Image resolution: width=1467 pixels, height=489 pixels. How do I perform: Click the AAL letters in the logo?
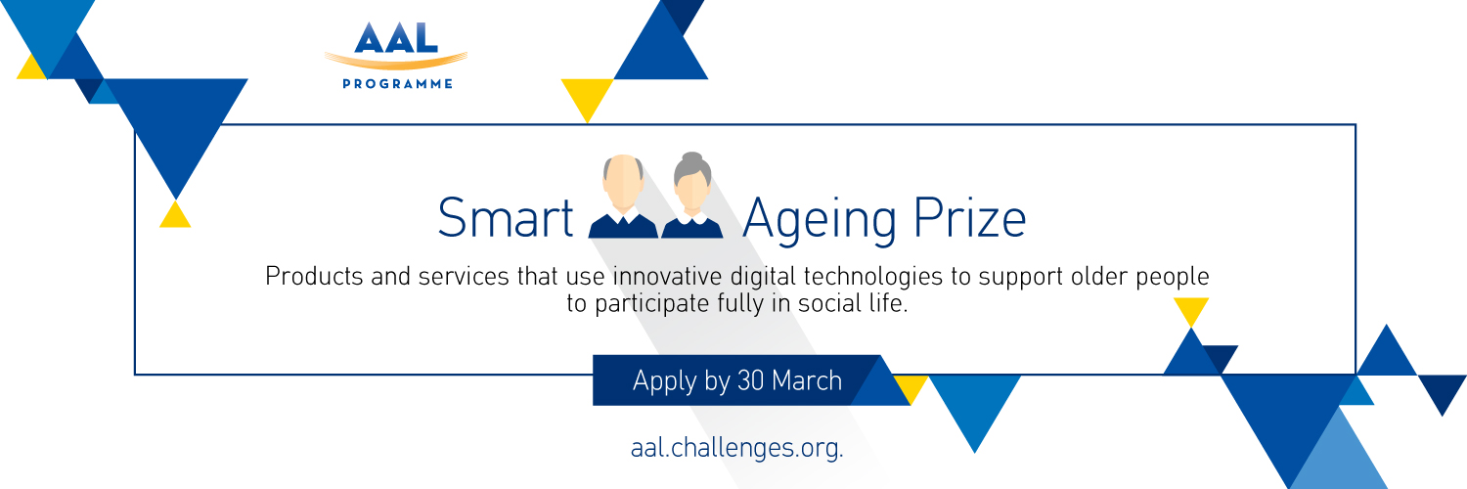(x=396, y=37)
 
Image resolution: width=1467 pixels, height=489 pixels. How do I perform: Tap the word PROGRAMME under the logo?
(x=397, y=84)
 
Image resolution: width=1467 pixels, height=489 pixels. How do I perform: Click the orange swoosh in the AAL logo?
(x=396, y=61)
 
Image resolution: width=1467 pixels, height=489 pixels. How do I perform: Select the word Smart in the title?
(x=506, y=218)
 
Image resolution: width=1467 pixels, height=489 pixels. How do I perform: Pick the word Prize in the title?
(x=970, y=218)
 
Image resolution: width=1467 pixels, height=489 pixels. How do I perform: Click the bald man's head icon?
(x=623, y=181)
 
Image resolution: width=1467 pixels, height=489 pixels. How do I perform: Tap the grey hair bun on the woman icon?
(x=692, y=158)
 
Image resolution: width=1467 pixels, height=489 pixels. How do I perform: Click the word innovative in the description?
(x=668, y=276)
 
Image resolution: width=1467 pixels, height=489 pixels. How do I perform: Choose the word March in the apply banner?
(x=807, y=381)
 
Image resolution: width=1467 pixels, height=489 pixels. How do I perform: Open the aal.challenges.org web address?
(x=736, y=449)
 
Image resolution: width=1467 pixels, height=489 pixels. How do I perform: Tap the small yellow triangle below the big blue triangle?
(x=175, y=215)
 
